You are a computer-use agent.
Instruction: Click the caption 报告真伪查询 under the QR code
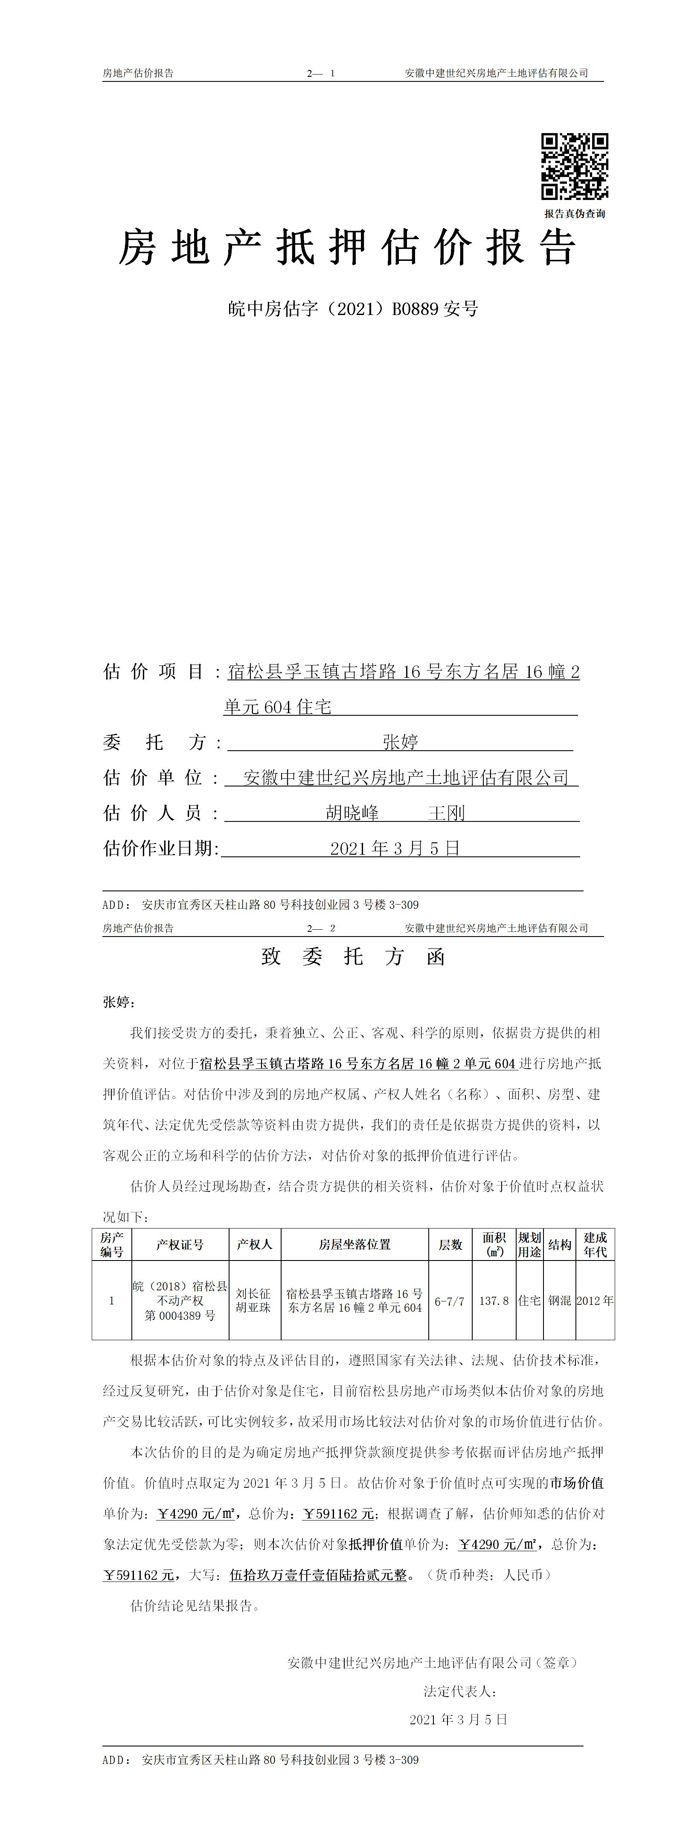(575, 214)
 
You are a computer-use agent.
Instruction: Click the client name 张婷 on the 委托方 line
(400, 742)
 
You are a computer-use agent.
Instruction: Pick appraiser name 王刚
(446, 812)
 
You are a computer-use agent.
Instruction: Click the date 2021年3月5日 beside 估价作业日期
(395, 848)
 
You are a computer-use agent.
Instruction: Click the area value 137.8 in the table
(493, 1301)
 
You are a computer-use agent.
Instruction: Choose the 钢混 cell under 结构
(560, 1301)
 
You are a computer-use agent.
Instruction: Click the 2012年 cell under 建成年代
(595, 1301)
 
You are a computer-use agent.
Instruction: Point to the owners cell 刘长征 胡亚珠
(254, 1301)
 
